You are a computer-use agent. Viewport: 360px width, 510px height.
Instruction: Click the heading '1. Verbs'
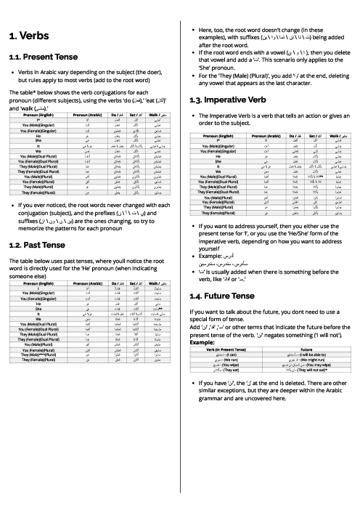coord(30,35)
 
